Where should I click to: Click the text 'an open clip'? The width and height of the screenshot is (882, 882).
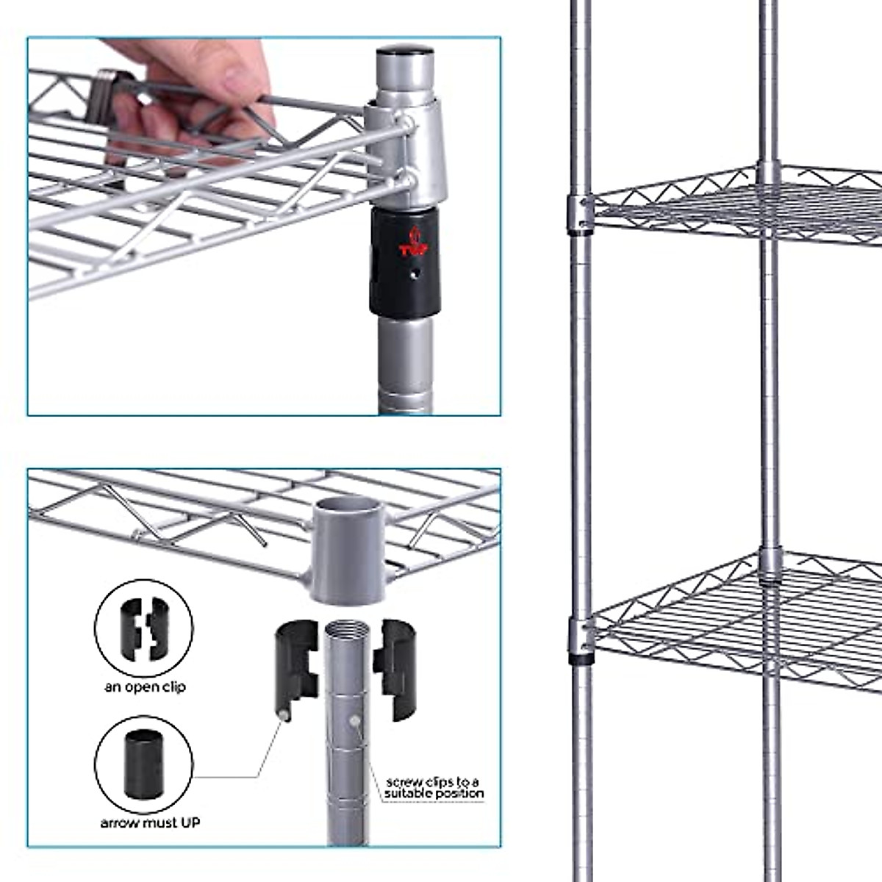point(145,686)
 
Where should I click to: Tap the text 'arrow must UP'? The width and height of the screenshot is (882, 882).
point(150,822)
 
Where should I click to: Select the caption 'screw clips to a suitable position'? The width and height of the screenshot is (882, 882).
point(434,787)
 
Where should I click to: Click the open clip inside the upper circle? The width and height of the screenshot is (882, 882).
point(144,627)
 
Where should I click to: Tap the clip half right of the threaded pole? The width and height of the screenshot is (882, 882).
point(395,667)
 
